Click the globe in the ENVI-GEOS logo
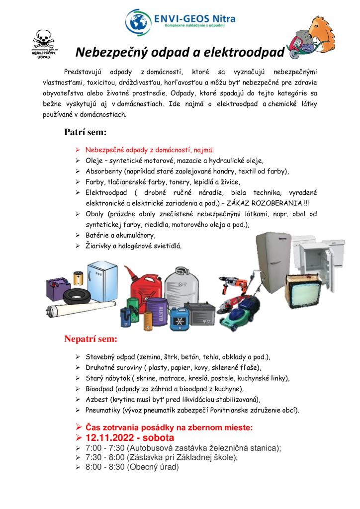[x=138, y=20]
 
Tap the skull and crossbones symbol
[x=41, y=40]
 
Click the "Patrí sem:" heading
[x=85, y=133]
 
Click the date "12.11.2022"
[x=112, y=438]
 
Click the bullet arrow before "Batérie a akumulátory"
[x=78, y=235]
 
